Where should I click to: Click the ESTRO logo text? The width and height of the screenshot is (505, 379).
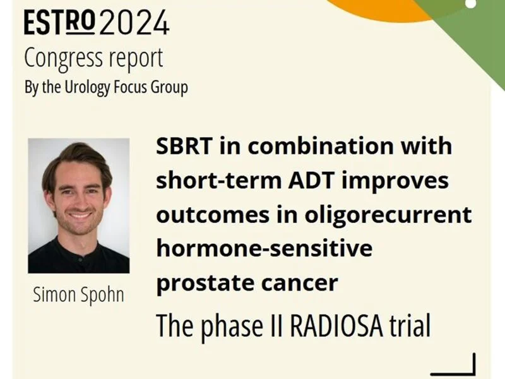pyautogui.click(x=60, y=23)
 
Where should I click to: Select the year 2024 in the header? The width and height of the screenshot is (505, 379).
pyautogui.click(x=134, y=23)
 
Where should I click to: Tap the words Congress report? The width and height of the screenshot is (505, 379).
pyautogui.click(x=93, y=57)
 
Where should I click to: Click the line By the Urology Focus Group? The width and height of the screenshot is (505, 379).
pyautogui.click(x=105, y=87)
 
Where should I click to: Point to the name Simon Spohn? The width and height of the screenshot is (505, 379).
pyautogui.click(x=78, y=295)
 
